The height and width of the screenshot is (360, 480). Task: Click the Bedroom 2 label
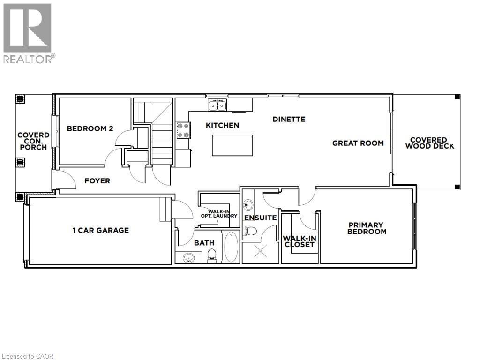click(90, 128)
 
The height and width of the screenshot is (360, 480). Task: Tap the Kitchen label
click(222, 125)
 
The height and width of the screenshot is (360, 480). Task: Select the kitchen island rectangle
click(232, 145)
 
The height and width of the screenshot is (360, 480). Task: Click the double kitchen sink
click(217, 105)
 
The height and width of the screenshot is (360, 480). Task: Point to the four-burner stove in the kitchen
click(183, 130)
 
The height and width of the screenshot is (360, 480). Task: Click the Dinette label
click(289, 119)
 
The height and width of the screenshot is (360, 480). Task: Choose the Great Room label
click(358, 143)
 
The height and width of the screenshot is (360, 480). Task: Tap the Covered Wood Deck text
click(429, 143)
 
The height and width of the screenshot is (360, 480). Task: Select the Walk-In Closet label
click(300, 241)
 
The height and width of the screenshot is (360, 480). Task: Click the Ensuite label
click(260, 218)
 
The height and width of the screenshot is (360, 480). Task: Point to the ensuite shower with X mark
click(260, 251)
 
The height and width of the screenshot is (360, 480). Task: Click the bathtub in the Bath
click(231, 247)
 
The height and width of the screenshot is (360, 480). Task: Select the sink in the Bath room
click(189, 257)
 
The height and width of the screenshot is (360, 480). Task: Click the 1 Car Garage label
click(100, 230)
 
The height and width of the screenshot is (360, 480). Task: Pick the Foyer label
click(97, 181)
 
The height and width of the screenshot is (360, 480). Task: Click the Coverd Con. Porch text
click(33, 141)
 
